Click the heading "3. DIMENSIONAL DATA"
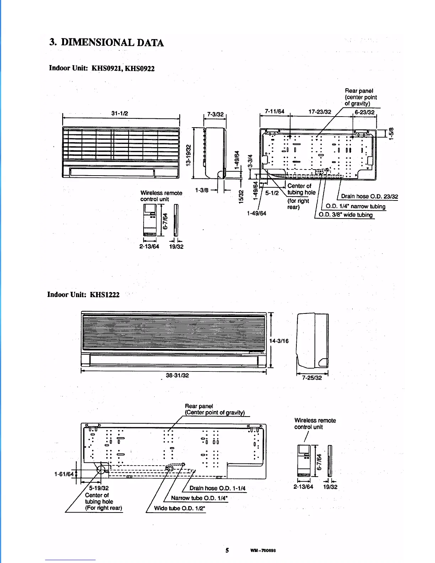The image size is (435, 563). [107, 43]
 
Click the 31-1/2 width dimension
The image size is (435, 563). [120, 113]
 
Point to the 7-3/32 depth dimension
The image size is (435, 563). [215, 114]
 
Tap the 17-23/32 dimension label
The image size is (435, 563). [320, 112]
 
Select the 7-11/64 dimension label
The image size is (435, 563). [275, 112]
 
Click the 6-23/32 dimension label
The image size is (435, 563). [365, 112]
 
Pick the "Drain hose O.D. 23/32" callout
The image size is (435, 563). [370, 197]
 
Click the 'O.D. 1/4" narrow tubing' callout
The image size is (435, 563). [355, 207]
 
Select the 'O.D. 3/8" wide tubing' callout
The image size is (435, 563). [345, 215]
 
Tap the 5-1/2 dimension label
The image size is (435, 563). [272, 193]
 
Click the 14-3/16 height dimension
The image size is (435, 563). [279, 341]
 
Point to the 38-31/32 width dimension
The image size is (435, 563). [177, 375]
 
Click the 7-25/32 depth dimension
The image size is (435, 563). [312, 378]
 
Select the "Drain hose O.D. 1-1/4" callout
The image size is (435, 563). [217, 488]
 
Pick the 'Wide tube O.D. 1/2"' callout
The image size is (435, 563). [179, 508]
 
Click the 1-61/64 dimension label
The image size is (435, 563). [64, 474]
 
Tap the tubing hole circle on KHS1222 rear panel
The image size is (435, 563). [101, 470]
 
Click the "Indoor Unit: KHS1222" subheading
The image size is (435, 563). [84, 295]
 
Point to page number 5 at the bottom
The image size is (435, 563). [227, 551]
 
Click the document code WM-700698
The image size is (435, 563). [263, 551]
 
